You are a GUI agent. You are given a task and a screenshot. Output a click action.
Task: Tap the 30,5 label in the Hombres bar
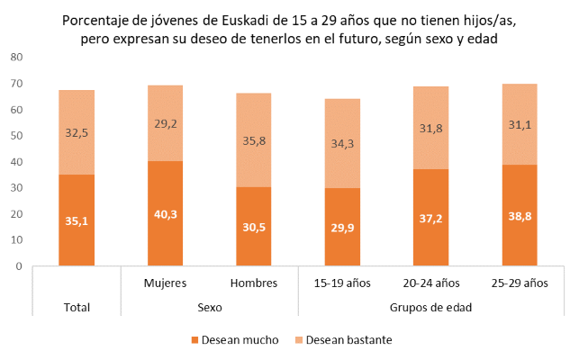pyautogui.click(x=254, y=229)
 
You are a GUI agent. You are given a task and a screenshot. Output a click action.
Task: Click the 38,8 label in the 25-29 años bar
pyautogui.click(x=519, y=218)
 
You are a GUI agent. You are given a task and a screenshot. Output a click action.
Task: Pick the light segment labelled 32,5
pyautogui.click(x=77, y=132)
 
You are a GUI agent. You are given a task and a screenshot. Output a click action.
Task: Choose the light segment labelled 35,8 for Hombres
pyautogui.click(x=254, y=140)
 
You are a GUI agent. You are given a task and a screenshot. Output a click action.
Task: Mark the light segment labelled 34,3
pyautogui.click(x=342, y=143)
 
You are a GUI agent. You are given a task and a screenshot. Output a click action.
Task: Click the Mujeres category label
pyautogui.click(x=165, y=283)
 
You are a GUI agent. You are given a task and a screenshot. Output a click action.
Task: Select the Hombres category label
pyautogui.click(x=254, y=283)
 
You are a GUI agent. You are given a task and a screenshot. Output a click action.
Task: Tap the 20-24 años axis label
pyautogui.click(x=430, y=283)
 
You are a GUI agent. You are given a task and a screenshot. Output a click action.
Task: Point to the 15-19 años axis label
pyautogui.click(x=342, y=283)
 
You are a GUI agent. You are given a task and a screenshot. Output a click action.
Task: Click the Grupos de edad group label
pyautogui.click(x=430, y=307)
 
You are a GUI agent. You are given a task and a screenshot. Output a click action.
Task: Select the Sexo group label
pyautogui.click(x=209, y=307)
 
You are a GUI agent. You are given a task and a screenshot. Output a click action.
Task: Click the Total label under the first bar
pyautogui.click(x=77, y=307)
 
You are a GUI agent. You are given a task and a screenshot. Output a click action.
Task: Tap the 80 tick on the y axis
pyautogui.click(x=16, y=58)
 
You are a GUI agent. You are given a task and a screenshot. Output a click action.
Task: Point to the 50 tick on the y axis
pyautogui.click(x=16, y=136)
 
